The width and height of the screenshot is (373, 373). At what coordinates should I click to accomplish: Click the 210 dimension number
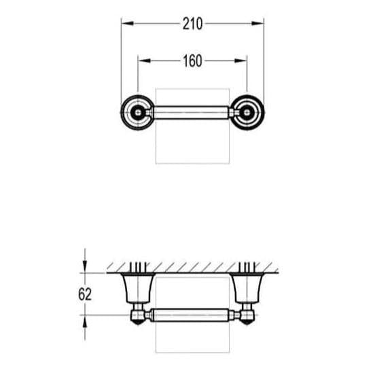(192, 24)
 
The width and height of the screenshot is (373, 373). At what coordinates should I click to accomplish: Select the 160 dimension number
(192, 61)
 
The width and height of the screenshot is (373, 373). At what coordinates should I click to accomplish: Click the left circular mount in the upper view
(139, 111)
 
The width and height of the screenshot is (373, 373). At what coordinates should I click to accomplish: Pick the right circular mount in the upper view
(246, 111)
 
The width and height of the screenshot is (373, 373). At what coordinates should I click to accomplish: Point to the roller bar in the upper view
(192, 111)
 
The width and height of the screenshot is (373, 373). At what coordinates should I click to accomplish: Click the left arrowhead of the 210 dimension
(124, 24)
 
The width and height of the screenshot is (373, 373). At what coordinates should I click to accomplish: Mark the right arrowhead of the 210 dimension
(260, 24)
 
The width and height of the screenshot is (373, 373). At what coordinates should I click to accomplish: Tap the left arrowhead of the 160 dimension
(141, 61)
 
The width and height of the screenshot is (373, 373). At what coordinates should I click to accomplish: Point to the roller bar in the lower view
(192, 316)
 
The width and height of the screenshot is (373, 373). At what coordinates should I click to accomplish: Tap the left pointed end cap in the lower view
(137, 317)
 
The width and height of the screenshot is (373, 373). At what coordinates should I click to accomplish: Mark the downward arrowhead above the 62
(85, 269)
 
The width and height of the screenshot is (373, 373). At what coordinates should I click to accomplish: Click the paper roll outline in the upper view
(192, 146)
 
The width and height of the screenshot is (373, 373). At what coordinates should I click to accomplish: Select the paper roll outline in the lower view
(192, 340)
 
